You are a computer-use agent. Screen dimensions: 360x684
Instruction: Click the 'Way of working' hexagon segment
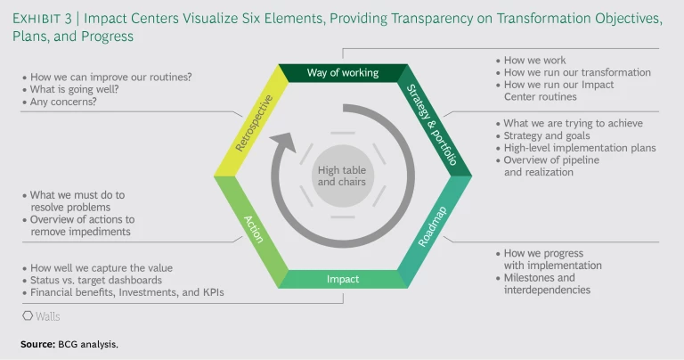[x=343, y=72]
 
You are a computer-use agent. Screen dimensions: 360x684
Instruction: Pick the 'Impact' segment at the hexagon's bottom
[x=343, y=279]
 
